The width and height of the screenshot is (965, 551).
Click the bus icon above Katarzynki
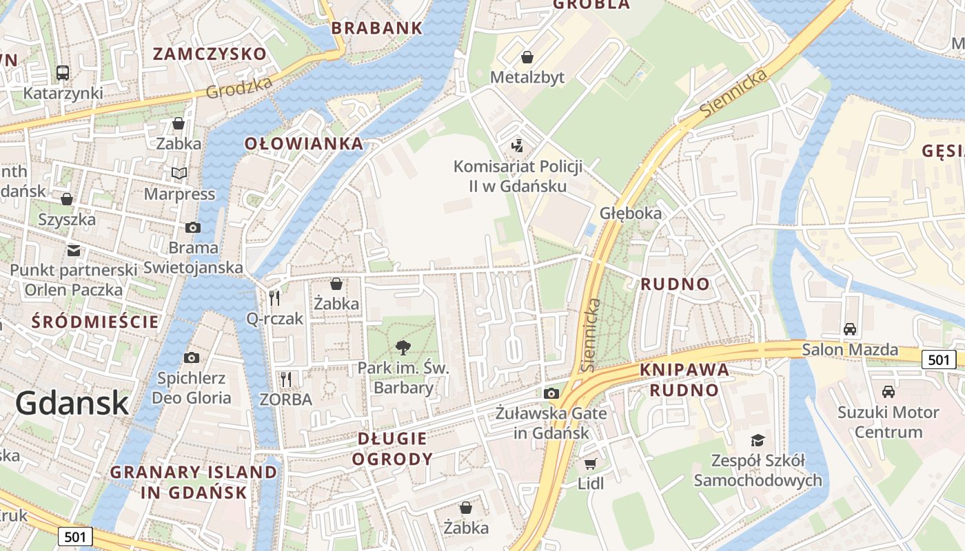[x=63, y=72]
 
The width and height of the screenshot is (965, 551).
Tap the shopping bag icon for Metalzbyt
[x=527, y=56]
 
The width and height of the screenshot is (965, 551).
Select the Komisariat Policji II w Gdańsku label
[x=518, y=176]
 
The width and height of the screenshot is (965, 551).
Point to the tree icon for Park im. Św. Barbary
[x=403, y=348]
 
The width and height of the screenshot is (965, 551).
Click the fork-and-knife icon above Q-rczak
[x=274, y=298]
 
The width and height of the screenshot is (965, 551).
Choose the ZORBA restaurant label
[x=285, y=399]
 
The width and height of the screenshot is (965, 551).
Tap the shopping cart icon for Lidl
[x=590, y=464]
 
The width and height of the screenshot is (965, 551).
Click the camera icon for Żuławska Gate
[x=551, y=393]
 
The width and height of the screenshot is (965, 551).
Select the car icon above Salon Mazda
[x=850, y=329]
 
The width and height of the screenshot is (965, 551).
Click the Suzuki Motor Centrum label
[x=888, y=422]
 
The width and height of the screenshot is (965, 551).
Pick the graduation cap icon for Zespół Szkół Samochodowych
[x=758, y=440]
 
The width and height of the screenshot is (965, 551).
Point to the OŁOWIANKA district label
[x=304, y=143]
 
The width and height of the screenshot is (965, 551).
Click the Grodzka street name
[x=238, y=88]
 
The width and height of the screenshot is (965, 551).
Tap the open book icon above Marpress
[x=179, y=173]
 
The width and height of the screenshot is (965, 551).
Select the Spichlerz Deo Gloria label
[x=192, y=388]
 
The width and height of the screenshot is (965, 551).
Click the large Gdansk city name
[x=72, y=403]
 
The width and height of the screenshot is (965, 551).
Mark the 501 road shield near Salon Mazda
[x=939, y=359]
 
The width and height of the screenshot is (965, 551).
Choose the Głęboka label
[x=631, y=213]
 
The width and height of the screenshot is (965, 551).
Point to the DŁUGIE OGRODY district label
[x=392, y=448]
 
